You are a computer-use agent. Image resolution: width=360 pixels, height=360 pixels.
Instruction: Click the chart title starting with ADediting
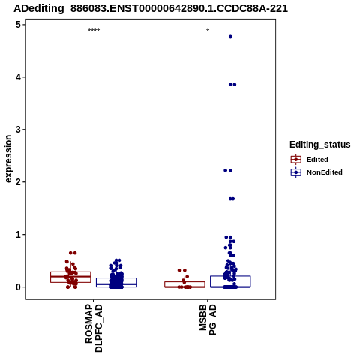point(151,8)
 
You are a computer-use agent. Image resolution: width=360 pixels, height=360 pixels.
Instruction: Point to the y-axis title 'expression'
point(8,159)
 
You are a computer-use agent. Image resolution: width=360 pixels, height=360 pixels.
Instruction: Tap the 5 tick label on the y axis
point(18,25)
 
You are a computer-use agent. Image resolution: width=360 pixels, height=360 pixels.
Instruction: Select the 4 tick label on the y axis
point(18,77)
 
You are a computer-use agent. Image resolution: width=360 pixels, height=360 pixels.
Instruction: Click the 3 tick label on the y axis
point(18,130)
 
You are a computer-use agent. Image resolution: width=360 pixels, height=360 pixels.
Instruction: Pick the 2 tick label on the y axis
point(18,182)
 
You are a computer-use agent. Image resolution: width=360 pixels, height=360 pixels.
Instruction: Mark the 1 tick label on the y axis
point(18,235)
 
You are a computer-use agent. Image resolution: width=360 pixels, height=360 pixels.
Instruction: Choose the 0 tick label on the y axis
point(18,287)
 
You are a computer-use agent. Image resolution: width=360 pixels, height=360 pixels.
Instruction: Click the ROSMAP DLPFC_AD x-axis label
point(94,328)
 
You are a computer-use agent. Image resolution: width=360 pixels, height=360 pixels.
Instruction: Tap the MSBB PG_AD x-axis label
point(208,319)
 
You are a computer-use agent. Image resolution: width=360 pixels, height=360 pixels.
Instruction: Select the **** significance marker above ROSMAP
point(94,31)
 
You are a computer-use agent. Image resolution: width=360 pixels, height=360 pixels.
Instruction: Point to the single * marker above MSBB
point(208,31)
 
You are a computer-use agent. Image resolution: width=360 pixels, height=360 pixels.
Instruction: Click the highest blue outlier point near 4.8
point(230,37)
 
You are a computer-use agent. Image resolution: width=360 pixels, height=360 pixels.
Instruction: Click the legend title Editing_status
point(320,145)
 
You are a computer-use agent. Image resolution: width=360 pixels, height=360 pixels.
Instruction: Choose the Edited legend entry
point(310,160)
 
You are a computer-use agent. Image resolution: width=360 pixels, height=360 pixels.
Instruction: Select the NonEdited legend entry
point(316,172)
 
